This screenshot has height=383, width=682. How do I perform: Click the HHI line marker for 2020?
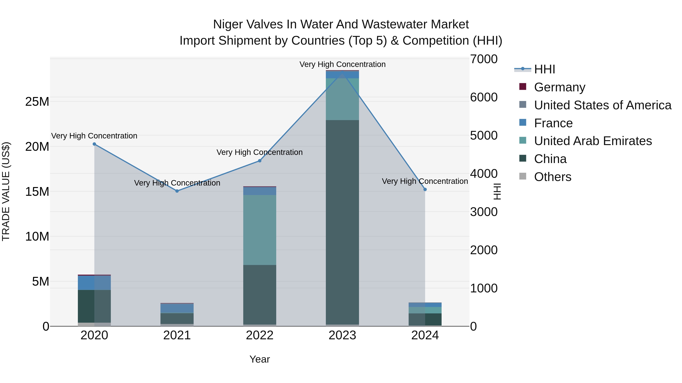94,144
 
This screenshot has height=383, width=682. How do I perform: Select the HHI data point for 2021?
177,191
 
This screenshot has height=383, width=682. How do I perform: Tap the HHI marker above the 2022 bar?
260,161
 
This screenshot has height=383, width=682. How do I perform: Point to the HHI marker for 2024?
425,190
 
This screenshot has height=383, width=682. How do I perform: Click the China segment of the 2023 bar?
342,222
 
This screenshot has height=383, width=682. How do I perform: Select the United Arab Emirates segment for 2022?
260,230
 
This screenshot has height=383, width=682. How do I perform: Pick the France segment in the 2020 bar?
94,283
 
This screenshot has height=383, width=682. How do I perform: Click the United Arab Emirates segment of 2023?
342,99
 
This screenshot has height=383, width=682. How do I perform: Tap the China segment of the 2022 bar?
260,295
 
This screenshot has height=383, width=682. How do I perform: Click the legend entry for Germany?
559,87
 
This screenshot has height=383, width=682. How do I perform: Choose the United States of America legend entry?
602,105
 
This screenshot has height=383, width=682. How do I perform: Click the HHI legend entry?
544,69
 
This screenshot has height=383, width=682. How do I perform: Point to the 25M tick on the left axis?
37,102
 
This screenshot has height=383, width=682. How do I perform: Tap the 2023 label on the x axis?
342,335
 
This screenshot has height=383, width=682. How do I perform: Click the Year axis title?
260,359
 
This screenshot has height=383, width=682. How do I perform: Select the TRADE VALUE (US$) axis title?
6,191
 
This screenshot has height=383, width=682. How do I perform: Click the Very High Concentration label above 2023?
342,64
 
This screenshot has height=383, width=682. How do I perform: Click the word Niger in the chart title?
228,24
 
